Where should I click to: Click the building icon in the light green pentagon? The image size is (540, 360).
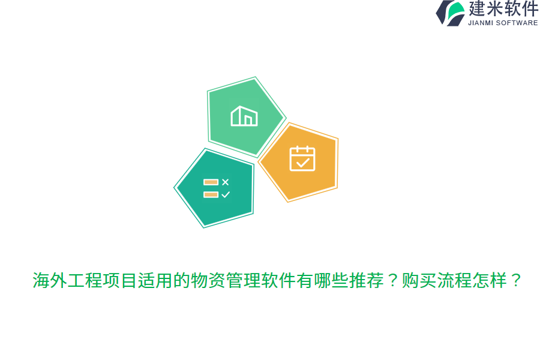click(x=244, y=116)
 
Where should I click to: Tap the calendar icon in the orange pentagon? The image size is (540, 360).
click(x=302, y=158)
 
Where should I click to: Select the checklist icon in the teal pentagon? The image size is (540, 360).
click(x=217, y=188)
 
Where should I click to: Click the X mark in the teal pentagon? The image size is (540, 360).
click(x=226, y=182)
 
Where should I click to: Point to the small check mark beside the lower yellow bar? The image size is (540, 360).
click(x=226, y=194)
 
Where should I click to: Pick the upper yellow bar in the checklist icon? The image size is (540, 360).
click(x=211, y=182)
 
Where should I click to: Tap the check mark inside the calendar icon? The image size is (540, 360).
click(x=302, y=162)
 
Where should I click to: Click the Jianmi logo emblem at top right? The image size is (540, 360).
click(x=450, y=13)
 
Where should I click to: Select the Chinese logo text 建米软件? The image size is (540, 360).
click(x=503, y=9)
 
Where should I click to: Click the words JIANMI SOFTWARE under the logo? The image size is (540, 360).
click(x=503, y=23)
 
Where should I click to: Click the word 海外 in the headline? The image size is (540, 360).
click(x=50, y=280)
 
